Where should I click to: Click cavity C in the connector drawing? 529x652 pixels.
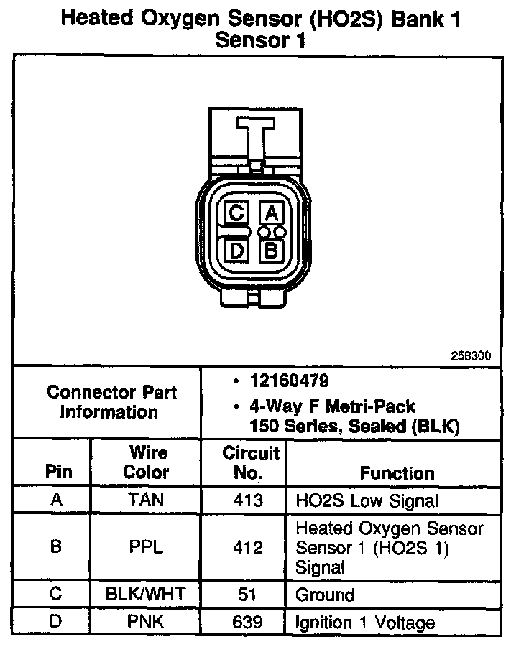tap(236, 213)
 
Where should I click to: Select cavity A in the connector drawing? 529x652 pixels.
tap(271, 213)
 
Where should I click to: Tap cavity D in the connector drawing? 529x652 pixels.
tap(236, 251)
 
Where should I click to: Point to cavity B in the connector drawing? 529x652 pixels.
tap(271, 251)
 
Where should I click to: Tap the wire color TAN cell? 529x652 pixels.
tap(146, 500)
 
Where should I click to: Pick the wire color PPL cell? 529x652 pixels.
tap(146, 547)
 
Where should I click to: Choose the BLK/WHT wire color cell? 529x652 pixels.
tap(146, 595)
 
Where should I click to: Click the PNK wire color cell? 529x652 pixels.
tap(146, 622)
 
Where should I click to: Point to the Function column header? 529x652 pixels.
tap(397, 473)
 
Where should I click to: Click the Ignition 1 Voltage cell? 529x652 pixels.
tap(365, 623)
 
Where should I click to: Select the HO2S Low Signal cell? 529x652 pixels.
tap(367, 500)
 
